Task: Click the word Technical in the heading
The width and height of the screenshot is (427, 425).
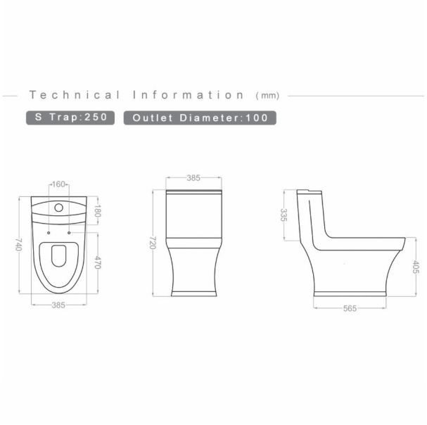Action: click(x=75, y=95)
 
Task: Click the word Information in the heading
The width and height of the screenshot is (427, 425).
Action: click(x=189, y=95)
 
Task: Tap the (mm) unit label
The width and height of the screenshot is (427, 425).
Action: click(x=267, y=96)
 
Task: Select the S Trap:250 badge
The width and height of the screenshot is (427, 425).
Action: click(x=70, y=118)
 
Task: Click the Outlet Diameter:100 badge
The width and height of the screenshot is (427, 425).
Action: click(x=200, y=118)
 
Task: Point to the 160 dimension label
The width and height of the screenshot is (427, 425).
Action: click(x=58, y=184)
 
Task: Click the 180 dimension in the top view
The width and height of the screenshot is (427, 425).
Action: click(x=97, y=211)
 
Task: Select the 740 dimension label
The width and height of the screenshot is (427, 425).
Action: click(x=18, y=244)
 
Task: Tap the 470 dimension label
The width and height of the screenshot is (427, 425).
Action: click(x=97, y=262)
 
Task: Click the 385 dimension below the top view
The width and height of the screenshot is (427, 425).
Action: click(x=58, y=305)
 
